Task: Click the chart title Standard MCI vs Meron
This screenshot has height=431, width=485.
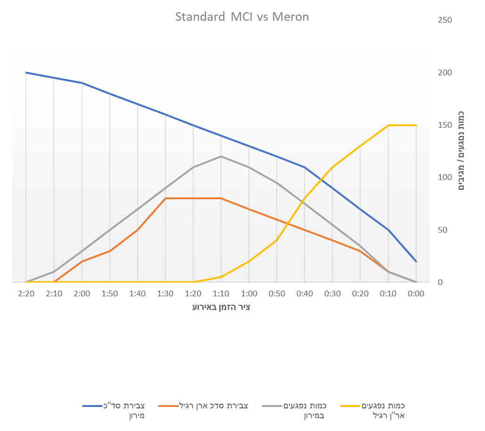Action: point(242,17)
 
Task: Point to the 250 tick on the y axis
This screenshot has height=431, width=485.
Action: point(445,20)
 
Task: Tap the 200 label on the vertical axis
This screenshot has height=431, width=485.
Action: point(445,73)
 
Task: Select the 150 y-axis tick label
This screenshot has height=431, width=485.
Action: point(445,125)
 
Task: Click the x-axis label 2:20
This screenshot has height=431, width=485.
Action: point(26,293)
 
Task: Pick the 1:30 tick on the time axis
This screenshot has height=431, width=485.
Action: point(165,293)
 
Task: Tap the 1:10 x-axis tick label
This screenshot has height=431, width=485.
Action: point(221,293)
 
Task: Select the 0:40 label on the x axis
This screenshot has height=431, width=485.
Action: point(304,293)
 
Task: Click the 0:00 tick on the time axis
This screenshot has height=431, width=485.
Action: point(416,293)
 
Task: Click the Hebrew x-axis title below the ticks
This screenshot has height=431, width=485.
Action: point(221,308)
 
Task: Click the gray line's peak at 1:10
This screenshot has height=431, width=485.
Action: point(221,156)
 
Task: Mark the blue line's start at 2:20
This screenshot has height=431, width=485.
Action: point(26,73)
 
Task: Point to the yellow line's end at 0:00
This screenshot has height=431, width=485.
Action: point(416,125)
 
